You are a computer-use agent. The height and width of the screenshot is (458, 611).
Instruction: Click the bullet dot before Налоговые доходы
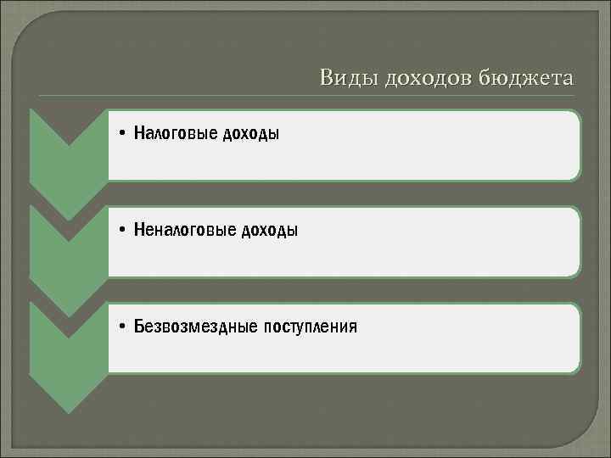[123, 134]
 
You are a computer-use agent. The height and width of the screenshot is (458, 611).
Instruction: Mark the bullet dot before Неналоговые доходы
[123, 231]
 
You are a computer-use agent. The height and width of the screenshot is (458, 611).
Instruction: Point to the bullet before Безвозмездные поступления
[123, 327]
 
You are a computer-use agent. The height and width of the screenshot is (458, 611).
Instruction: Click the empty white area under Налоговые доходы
[339, 163]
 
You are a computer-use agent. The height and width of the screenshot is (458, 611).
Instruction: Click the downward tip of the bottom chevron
[69, 411]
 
